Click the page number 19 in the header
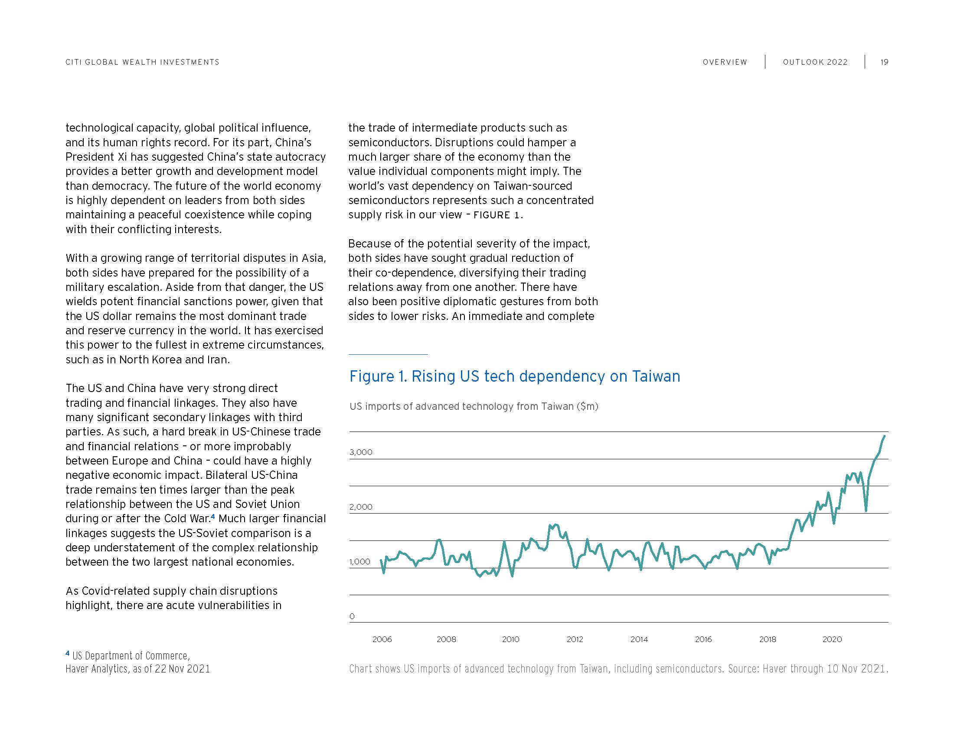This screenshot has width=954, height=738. click(x=884, y=62)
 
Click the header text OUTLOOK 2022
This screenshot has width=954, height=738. click(x=815, y=62)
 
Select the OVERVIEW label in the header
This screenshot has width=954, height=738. click(x=725, y=62)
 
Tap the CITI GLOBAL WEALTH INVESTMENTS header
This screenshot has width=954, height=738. click(x=142, y=62)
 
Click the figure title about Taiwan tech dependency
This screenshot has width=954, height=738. click(x=514, y=376)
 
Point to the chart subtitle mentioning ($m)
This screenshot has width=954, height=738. click(x=474, y=407)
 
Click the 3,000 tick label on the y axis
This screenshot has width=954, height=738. click(x=361, y=452)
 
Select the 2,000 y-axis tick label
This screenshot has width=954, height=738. click(x=361, y=507)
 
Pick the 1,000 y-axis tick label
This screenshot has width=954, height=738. click(x=359, y=562)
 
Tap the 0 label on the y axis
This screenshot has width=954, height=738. click(x=352, y=616)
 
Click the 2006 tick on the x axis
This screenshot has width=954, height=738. click(x=382, y=639)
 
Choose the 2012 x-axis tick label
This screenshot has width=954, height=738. click(x=575, y=639)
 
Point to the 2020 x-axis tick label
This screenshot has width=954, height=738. click(x=832, y=639)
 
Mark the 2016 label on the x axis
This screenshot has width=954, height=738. click(x=703, y=639)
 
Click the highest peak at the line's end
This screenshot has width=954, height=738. click(x=885, y=436)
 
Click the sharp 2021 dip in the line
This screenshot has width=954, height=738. click(x=866, y=510)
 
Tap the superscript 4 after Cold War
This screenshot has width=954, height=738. click(x=213, y=516)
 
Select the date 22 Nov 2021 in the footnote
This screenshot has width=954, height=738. click(x=182, y=669)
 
